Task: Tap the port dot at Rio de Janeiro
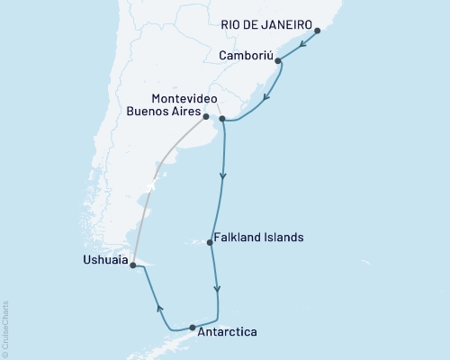tap(319, 32)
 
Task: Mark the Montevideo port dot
tap(222, 118)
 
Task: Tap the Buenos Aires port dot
tap(206, 116)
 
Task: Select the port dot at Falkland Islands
tap(211, 242)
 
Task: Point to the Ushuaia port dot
tap(132, 265)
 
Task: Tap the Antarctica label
tap(229, 332)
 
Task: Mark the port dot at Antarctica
tap(192, 328)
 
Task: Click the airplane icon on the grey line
tap(151, 185)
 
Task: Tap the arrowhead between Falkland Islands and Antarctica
tap(216, 290)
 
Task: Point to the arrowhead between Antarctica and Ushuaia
tap(160, 308)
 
